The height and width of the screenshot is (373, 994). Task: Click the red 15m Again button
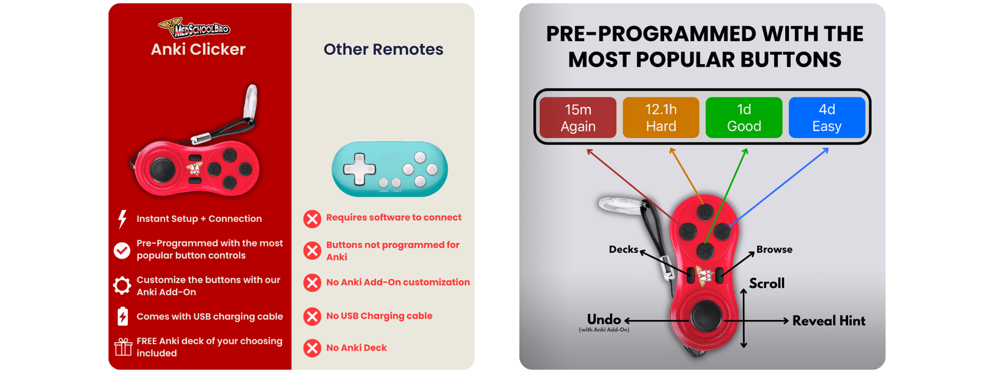point(578,117)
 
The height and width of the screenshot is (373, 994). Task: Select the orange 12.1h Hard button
point(660,117)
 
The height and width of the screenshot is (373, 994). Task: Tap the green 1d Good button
point(744,117)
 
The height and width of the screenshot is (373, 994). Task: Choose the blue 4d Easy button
point(826,117)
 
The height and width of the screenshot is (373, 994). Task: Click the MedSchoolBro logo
point(195,27)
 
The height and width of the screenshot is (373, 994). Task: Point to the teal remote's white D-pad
point(360,168)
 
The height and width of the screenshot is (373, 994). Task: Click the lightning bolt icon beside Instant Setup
point(122,219)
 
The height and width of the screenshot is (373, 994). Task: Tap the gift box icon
point(123,347)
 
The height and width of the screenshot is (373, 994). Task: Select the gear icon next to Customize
point(122,286)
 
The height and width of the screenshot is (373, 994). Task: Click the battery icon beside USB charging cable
point(122,316)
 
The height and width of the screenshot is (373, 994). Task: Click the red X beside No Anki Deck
point(312,348)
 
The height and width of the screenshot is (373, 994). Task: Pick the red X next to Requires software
point(312,219)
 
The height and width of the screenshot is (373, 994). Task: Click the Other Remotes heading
point(383,50)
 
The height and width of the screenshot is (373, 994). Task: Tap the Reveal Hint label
point(829,321)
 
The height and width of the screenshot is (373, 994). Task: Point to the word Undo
point(604,320)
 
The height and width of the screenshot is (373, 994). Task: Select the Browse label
point(774,249)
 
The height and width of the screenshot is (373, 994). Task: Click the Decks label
point(623,249)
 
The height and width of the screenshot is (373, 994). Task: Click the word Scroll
point(767,283)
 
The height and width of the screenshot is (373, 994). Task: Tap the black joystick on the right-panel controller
point(705,316)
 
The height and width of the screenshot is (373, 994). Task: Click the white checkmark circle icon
point(122,250)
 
